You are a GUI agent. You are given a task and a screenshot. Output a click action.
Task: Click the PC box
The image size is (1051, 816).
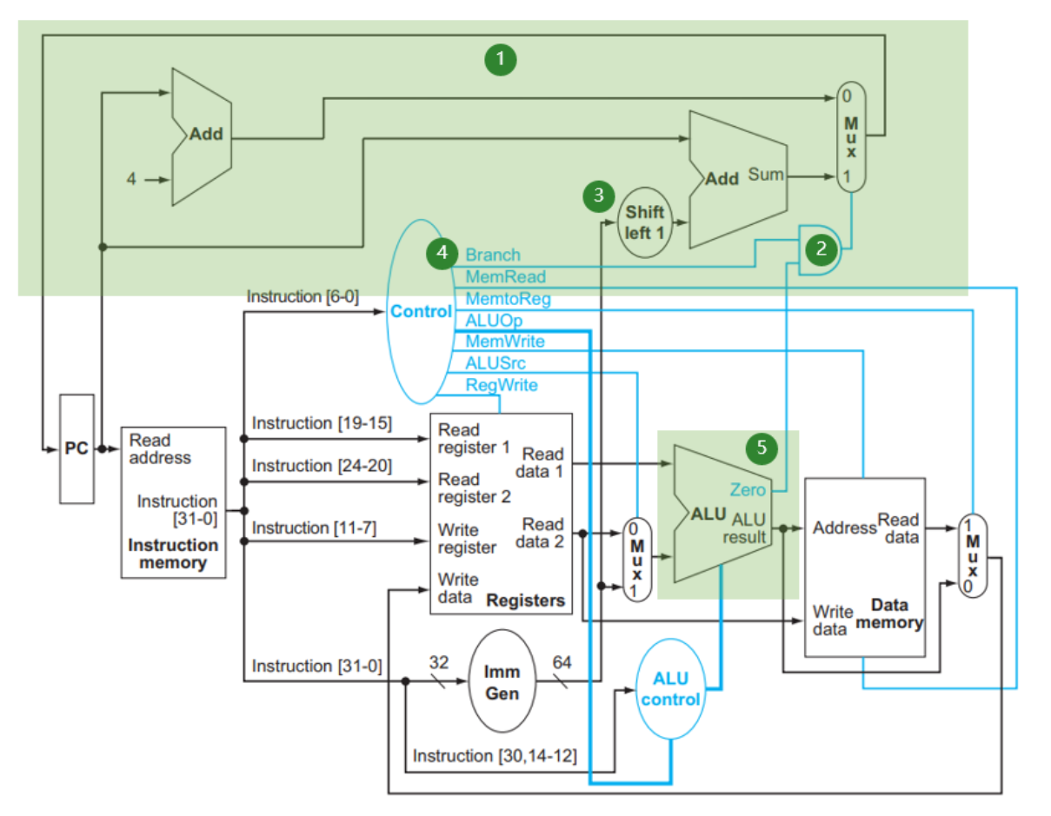[x=76, y=449]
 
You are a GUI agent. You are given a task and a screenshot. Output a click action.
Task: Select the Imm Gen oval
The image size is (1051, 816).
[x=502, y=682]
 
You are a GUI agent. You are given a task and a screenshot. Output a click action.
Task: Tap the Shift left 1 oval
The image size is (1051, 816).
[x=644, y=222]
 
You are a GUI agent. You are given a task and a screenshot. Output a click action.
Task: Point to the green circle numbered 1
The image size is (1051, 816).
[x=501, y=60]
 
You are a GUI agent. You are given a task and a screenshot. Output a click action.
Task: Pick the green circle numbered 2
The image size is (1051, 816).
[x=818, y=249]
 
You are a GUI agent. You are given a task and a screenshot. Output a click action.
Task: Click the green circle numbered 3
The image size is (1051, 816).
[x=598, y=196]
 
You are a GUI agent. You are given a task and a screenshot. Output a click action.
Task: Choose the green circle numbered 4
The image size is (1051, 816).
[x=442, y=253]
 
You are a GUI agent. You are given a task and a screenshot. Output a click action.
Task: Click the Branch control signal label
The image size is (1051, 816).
[x=493, y=255]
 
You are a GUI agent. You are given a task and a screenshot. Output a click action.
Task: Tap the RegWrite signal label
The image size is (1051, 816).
[x=502, y=385]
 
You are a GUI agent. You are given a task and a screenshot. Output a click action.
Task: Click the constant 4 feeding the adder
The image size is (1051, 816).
[x=131, y=180]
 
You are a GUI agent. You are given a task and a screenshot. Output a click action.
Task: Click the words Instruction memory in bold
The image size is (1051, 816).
[x=173, y=554]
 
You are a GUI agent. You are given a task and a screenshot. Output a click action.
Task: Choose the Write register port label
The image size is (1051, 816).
[x=467, y=537]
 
